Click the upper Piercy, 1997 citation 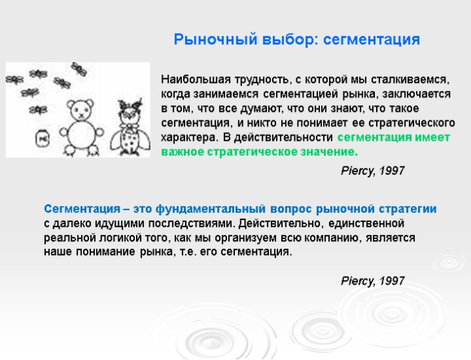coord(373,171)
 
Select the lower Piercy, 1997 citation coord(373,281)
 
